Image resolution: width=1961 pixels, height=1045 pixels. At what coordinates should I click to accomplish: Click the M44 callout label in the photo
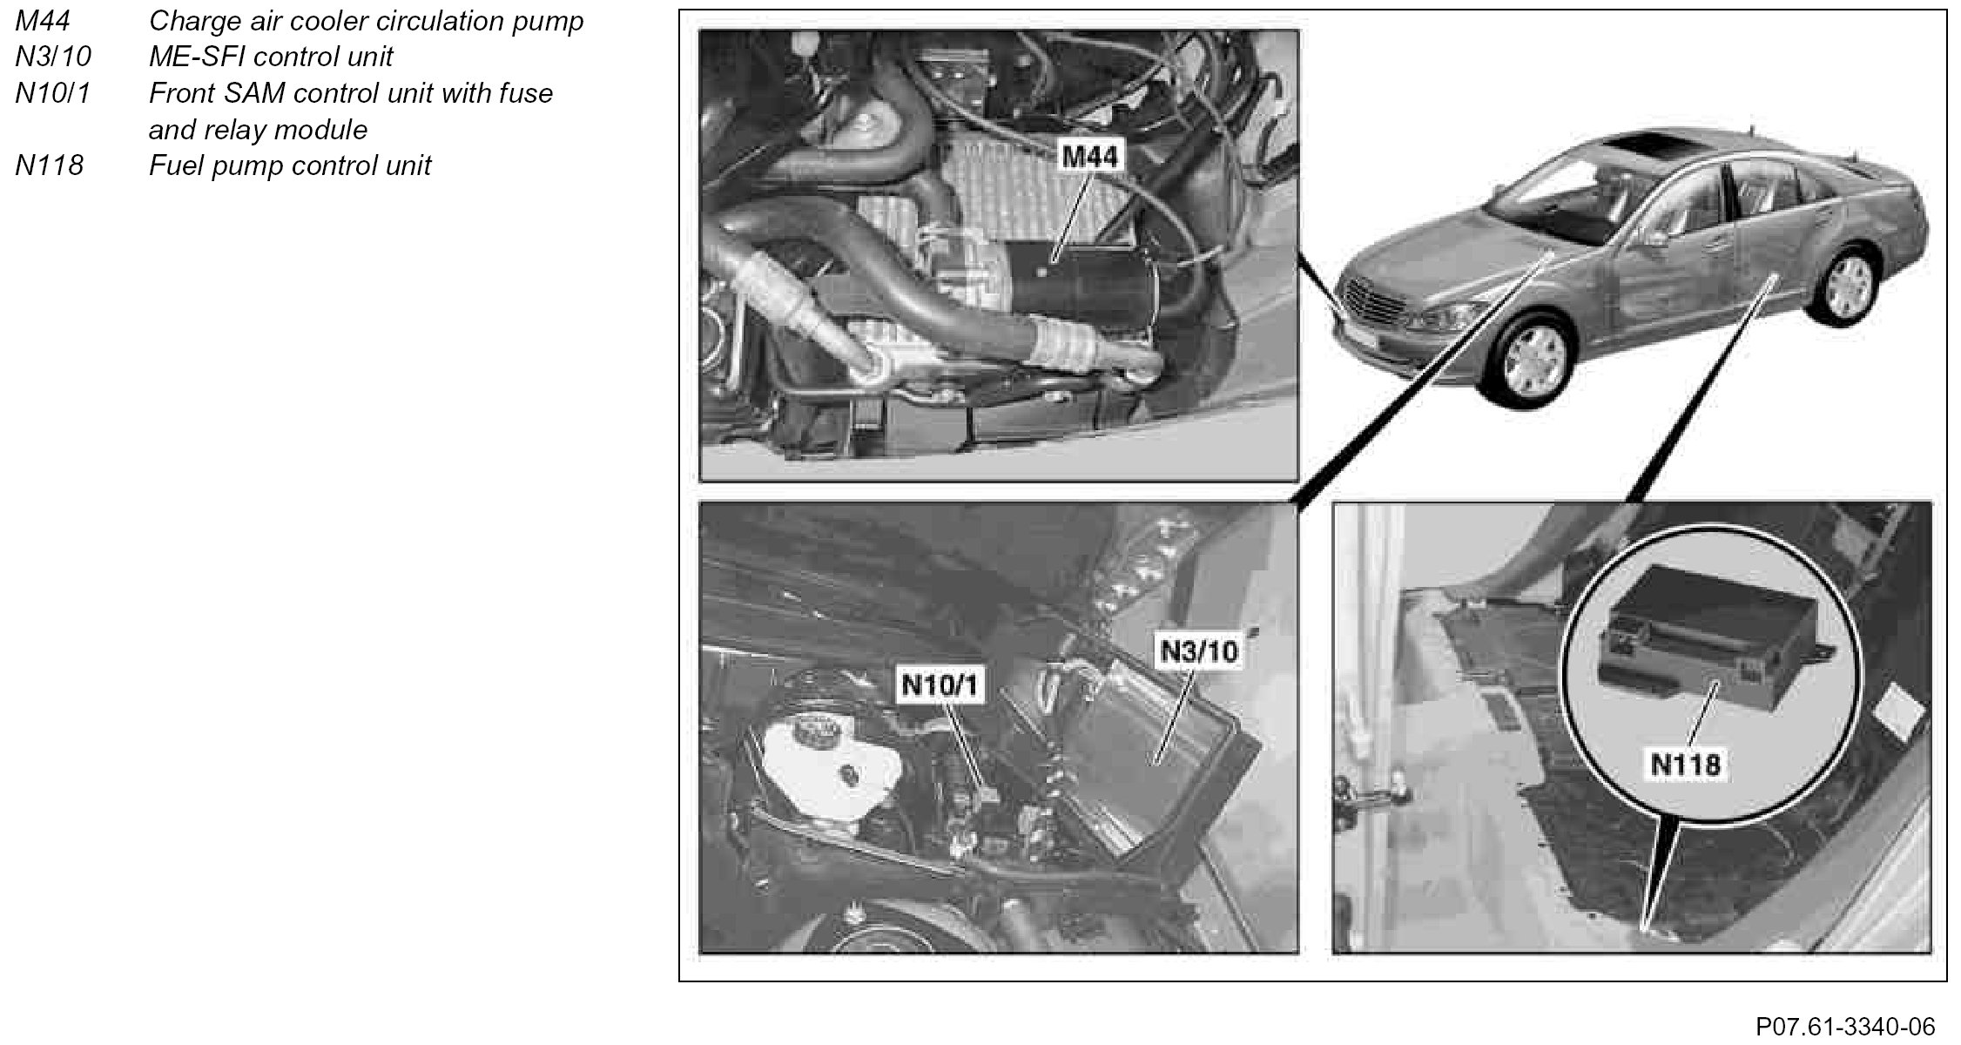1090,157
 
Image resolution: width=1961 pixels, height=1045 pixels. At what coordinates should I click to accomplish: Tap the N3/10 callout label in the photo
1198,651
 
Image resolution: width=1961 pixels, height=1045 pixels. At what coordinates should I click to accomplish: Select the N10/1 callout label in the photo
940,684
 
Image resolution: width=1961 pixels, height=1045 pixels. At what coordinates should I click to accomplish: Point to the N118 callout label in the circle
1686,765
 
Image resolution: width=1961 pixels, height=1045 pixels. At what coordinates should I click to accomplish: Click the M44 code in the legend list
43,21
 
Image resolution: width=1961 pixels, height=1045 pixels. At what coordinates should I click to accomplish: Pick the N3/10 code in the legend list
53,57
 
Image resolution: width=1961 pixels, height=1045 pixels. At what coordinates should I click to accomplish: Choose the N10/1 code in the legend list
53,93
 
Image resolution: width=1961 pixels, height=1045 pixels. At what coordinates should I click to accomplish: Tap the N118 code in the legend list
50,165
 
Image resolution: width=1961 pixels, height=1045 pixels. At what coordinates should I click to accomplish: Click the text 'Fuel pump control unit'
290,165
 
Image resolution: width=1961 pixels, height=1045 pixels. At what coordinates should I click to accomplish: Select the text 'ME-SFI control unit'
271,57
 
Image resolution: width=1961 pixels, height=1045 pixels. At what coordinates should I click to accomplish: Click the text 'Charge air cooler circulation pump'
367,21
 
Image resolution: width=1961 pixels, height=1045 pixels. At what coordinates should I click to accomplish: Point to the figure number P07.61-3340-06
1845,1027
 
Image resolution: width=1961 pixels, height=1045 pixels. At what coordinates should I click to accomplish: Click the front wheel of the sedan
1539,357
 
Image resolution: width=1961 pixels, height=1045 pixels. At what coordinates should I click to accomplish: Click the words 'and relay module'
258,130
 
